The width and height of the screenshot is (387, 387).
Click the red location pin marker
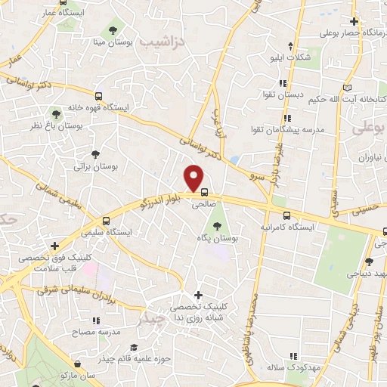click(195, 179)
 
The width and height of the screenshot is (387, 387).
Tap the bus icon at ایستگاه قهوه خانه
click(98, 96)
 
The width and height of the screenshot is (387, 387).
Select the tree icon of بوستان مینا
click(113, 29)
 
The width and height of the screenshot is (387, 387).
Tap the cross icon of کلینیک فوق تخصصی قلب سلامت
click(54, 246)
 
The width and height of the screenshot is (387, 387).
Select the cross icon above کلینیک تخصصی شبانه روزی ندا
click(198, 294)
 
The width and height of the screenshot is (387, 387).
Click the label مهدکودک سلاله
click(289, 367)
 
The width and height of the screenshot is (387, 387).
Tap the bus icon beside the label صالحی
click(203, 192)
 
